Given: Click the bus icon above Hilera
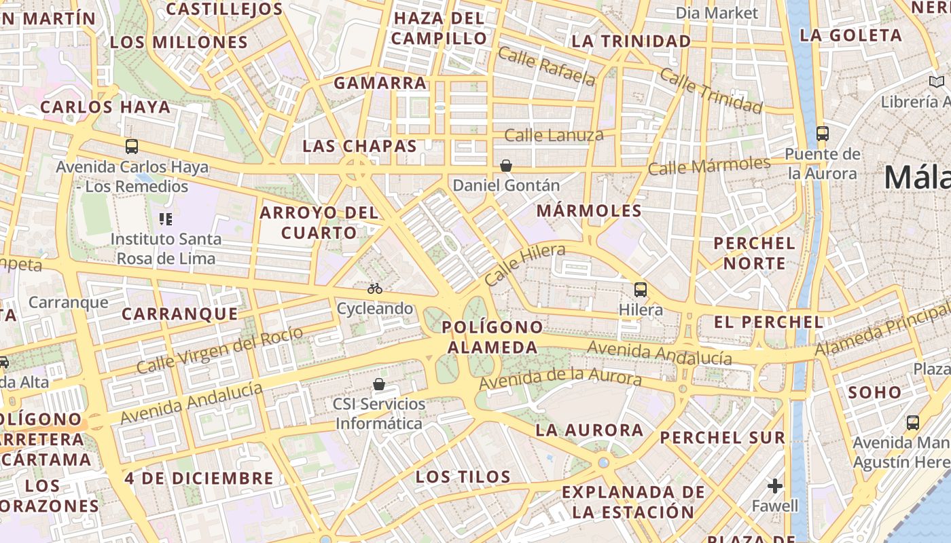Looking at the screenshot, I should click(x=640, y=290).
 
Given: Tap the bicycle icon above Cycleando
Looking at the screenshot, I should click(x=375, y=288).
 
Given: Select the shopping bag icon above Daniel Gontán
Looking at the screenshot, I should click(x=506, y=166).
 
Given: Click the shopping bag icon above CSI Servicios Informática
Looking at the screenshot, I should click(x=379, y=385).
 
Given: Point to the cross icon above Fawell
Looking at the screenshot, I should click(x=775, y=486).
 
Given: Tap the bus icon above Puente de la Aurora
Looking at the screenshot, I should click(x=822, y=133).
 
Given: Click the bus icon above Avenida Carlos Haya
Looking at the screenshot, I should click(x=132, y=146).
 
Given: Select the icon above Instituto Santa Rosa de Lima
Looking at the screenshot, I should click(x=165, y=219).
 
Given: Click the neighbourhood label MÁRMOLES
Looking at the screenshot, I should click(x=589, y=211).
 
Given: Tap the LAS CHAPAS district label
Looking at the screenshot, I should click(x=359, y=146).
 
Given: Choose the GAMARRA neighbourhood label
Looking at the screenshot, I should click(x=380, y=83).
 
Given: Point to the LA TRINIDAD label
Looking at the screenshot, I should click(x=631, y=41).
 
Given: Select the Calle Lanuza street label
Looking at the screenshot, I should click(x=554, y=135).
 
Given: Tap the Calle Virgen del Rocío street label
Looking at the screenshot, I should click(x=219, y=350).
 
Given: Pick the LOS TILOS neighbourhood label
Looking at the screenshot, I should click(x=463, y=476).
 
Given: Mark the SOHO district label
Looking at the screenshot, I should click(x=875, y=392).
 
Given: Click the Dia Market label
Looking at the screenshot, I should click(x=717, y=13).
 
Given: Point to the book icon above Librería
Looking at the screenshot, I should click(x=936, y=83).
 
